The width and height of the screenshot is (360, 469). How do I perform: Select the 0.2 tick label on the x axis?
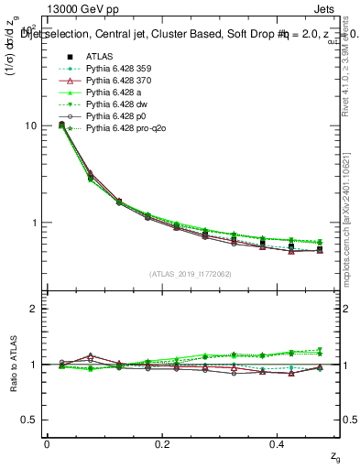163,443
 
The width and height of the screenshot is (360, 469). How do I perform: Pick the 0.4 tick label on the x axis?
279,443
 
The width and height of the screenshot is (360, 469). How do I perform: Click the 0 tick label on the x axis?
47,443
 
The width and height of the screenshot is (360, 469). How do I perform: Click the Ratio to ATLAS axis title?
14,365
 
